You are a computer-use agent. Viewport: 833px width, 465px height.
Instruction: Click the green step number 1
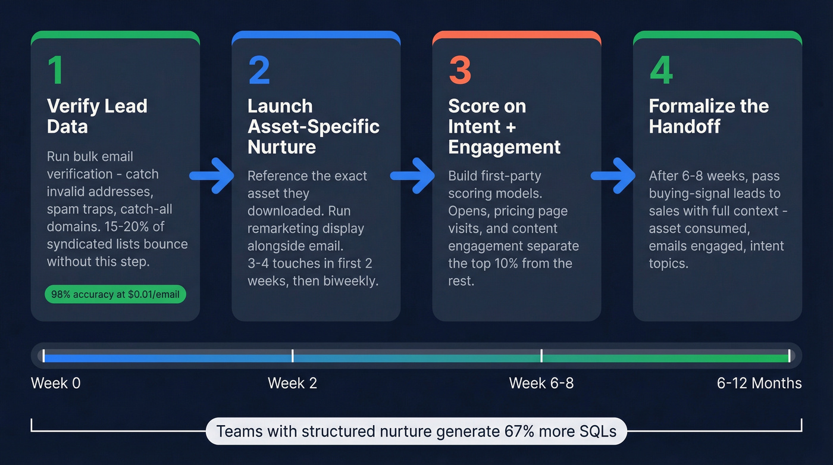55,70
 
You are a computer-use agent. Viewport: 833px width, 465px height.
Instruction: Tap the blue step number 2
259,70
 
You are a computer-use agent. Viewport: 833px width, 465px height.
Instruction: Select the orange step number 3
459,70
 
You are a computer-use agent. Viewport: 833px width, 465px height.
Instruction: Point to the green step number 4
661,70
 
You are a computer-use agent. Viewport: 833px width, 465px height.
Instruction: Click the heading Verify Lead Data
97,116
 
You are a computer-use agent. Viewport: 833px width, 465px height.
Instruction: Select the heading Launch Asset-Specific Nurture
313,126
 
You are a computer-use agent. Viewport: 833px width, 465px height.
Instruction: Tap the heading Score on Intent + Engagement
504,126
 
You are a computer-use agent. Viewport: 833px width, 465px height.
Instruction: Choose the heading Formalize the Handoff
709,116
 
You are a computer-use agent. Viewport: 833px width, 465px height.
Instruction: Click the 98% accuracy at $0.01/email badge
115,294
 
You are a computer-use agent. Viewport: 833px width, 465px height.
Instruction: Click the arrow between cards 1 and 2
212,176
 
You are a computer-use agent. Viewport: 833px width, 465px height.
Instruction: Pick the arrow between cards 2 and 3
412,176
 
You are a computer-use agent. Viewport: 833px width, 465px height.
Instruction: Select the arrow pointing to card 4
613,176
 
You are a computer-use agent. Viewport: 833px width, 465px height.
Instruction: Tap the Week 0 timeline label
55,383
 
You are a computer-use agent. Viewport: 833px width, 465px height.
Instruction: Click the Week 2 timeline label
292,383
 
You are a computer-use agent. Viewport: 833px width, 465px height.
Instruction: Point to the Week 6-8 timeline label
541,383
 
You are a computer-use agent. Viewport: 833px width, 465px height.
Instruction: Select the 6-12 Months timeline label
759,383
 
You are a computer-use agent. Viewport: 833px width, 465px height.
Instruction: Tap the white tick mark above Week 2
292,356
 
